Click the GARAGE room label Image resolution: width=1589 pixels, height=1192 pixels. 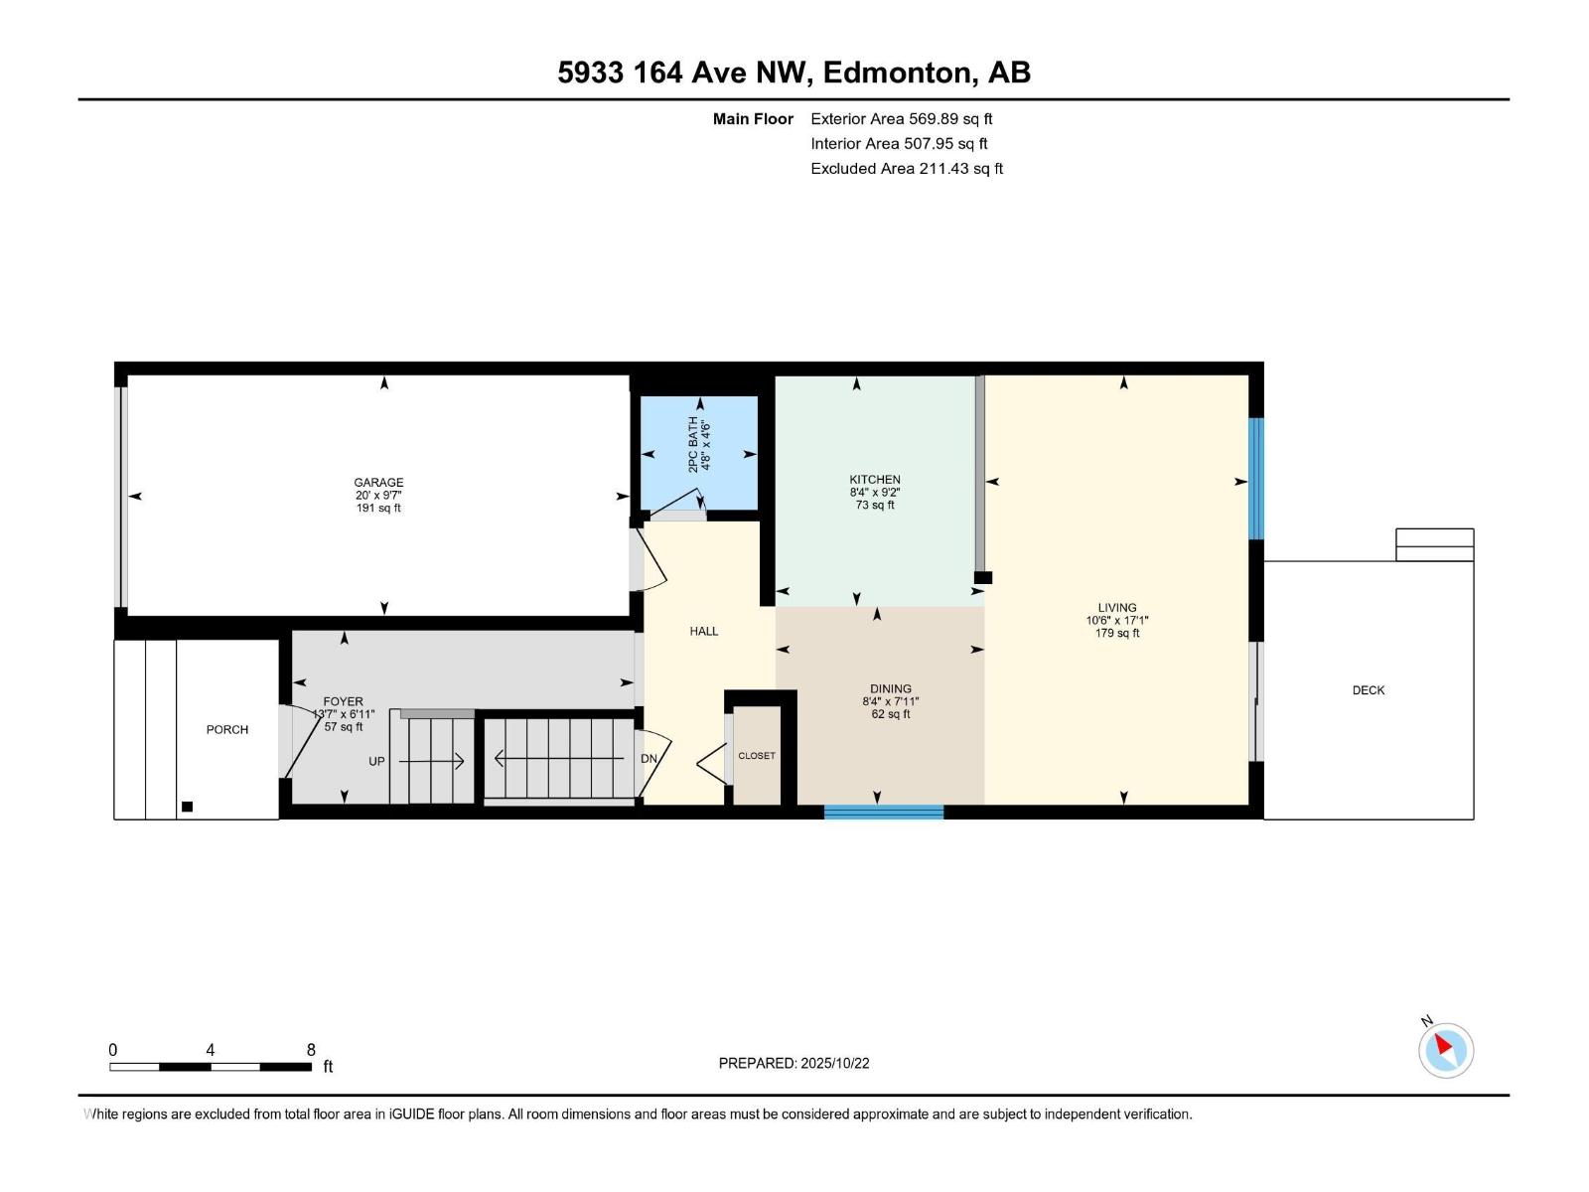pyautogui.click(x=378, y=482)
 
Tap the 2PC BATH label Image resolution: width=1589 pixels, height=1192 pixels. pyautogui.click(x=693, y=444)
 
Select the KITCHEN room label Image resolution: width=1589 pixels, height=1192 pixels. pyautogui.click(x=875, y=479)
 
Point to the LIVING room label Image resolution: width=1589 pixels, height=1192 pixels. pyautogui.click(x=1117, y=607)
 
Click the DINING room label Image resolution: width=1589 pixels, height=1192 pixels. pyautogui.click(x=891, y=688)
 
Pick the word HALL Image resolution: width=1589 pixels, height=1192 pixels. pyautogui.click(x=704, y=631)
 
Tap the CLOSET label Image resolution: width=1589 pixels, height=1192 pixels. pyautogui.click(x=757, y=756)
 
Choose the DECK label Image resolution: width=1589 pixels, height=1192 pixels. pyautogui.click(x=1369, y=690)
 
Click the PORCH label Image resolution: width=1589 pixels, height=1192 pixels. pyautogui.click(x=227, y=729)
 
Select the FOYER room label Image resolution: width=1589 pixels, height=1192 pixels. pyautogui.click(x=344, y=701)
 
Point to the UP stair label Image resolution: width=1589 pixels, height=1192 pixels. pyautogui.click(x=376, y=761)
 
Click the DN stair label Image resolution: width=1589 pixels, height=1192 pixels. pyautogui.click(x=649, y=759)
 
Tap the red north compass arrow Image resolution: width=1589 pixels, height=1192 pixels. pyautogui.click(x=1443, y=1044)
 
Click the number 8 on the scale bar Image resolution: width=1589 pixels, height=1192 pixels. pyautogui.click(x=311, y=1049)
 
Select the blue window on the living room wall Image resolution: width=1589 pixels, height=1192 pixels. pyautogui.click(x=1256, y=479)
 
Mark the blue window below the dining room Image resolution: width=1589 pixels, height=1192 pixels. pyautogui.click(x=884, y=812)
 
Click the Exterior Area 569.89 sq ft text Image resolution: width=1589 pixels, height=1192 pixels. pyautogui.click(x=902, y=118)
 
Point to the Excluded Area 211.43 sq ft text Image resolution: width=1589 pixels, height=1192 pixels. pyautogui.click(x=907, y=169)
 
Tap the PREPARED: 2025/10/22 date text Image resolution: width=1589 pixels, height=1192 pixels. pyautogui.click(x=794, y=1063)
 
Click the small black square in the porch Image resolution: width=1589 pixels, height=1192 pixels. pyautogui.click(x=187, y=807)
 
